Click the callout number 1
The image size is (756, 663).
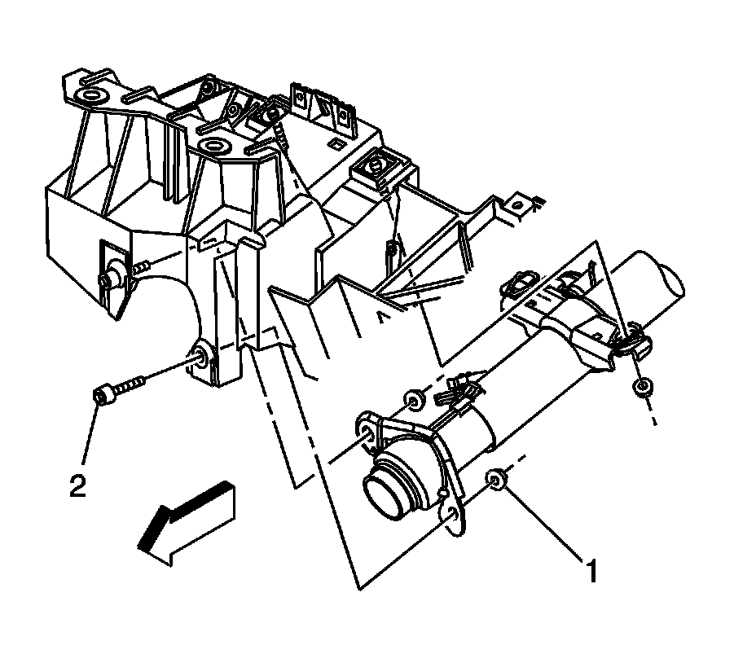[593, 570]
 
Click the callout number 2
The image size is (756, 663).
[77, 486]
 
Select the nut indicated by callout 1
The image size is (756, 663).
[495, 481]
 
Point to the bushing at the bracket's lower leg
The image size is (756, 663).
[201, 355]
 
